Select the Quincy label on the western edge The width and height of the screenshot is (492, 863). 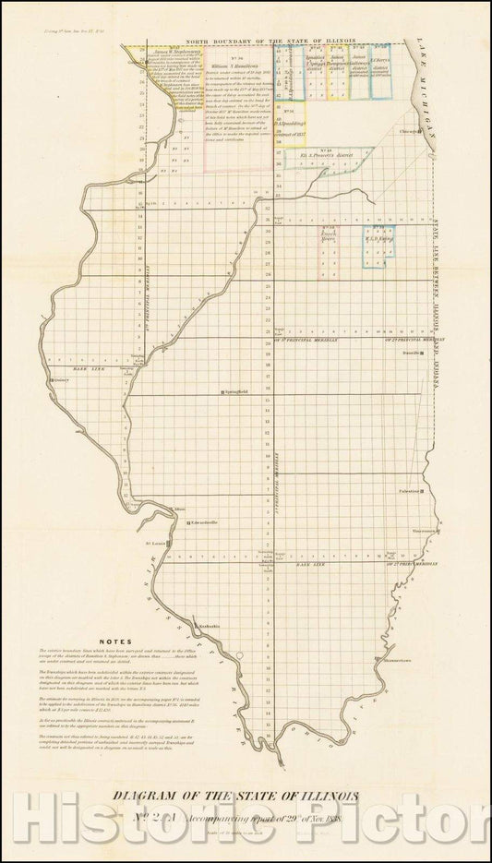63,378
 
